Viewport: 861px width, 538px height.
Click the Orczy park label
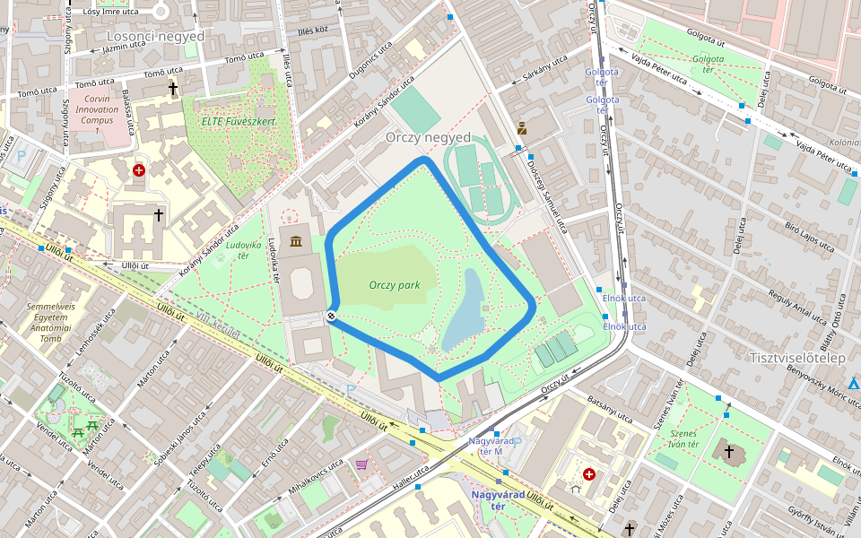pos(395,285)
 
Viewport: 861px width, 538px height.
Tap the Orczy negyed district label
pos(428,137)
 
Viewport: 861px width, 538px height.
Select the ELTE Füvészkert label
pos(239,121)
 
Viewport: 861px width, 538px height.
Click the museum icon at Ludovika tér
pos(296,239)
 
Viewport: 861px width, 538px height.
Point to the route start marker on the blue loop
pos(332,315)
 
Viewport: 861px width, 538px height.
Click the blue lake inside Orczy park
pos(464,310)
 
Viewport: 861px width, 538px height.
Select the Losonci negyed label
pos(155,36)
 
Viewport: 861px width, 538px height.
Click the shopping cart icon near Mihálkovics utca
pos(361,464)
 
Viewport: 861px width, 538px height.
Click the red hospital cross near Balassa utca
pos(138,169)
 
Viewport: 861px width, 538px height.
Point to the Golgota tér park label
pos(708,64)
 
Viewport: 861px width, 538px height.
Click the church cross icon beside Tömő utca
pos(173,89)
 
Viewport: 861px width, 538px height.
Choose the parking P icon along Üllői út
pos(351,390)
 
